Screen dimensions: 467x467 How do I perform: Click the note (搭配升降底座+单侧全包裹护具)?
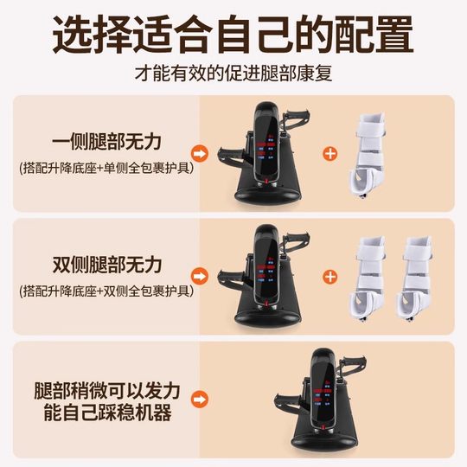tap(106, 167)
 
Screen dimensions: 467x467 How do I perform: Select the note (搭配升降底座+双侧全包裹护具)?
tap(106, 289)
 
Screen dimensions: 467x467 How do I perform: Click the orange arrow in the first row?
tap(200, 154)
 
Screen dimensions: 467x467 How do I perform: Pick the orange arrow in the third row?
tap(200, 400)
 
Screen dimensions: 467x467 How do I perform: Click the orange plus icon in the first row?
tap(329, 154)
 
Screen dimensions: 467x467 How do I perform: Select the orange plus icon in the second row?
tap(329, 277)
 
